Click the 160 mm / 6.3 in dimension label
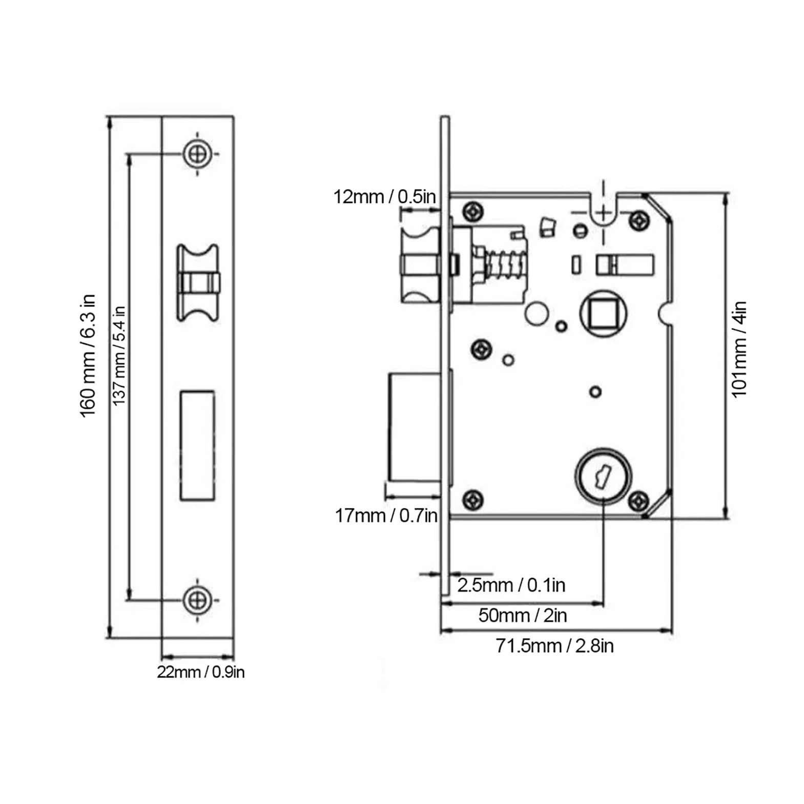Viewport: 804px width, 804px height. [88, 356]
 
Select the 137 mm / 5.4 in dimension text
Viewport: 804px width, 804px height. [119, 356]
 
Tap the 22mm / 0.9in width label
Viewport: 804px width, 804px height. [200, 672]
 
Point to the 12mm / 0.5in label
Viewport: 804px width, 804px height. [385, 196]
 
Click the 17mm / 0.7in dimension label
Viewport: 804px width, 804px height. [386, 516]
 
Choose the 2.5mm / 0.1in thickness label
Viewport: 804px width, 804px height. [511, 585]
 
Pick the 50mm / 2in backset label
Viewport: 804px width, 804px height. [523, 615]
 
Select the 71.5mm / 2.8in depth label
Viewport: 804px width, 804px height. [554, 646]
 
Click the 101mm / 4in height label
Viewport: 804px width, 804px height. [739, 349]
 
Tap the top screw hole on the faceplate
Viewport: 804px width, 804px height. [197, 153]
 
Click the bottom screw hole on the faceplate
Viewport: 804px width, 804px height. [197, 600]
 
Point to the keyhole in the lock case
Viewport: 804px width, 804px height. [603, 476]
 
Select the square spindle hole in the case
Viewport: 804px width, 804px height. [603, 313]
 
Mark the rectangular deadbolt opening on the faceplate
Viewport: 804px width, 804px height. [197, 445]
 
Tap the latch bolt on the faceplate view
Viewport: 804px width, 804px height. [198, 282]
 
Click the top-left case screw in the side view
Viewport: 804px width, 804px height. [473, 211]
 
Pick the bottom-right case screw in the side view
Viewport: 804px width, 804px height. [638, 501]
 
